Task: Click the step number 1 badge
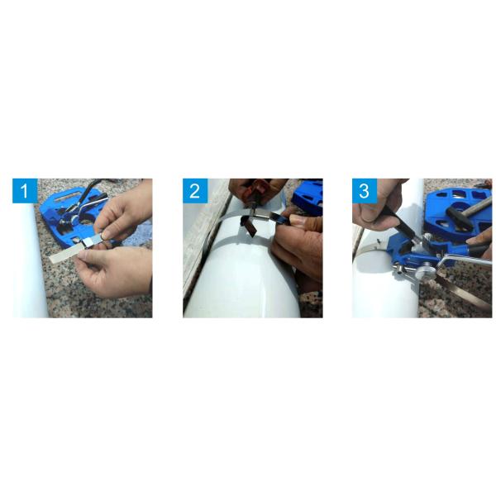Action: click(x=25, y=191)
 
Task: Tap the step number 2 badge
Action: click(x=195, y=191)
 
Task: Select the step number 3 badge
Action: click(x=365, y=191)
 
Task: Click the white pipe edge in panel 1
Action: click(x=30, y=265)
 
